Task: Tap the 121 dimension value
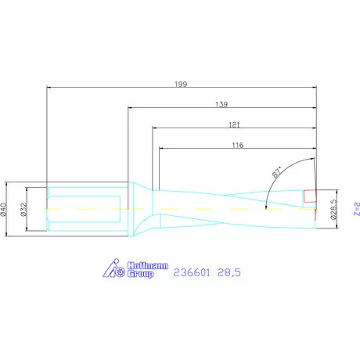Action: point(233,124)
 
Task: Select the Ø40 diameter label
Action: point(7,209)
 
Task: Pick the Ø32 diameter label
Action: point(24,209)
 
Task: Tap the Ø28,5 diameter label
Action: point(333,209)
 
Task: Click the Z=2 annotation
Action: point(355,208)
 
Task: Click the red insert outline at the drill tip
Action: point(311,196)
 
